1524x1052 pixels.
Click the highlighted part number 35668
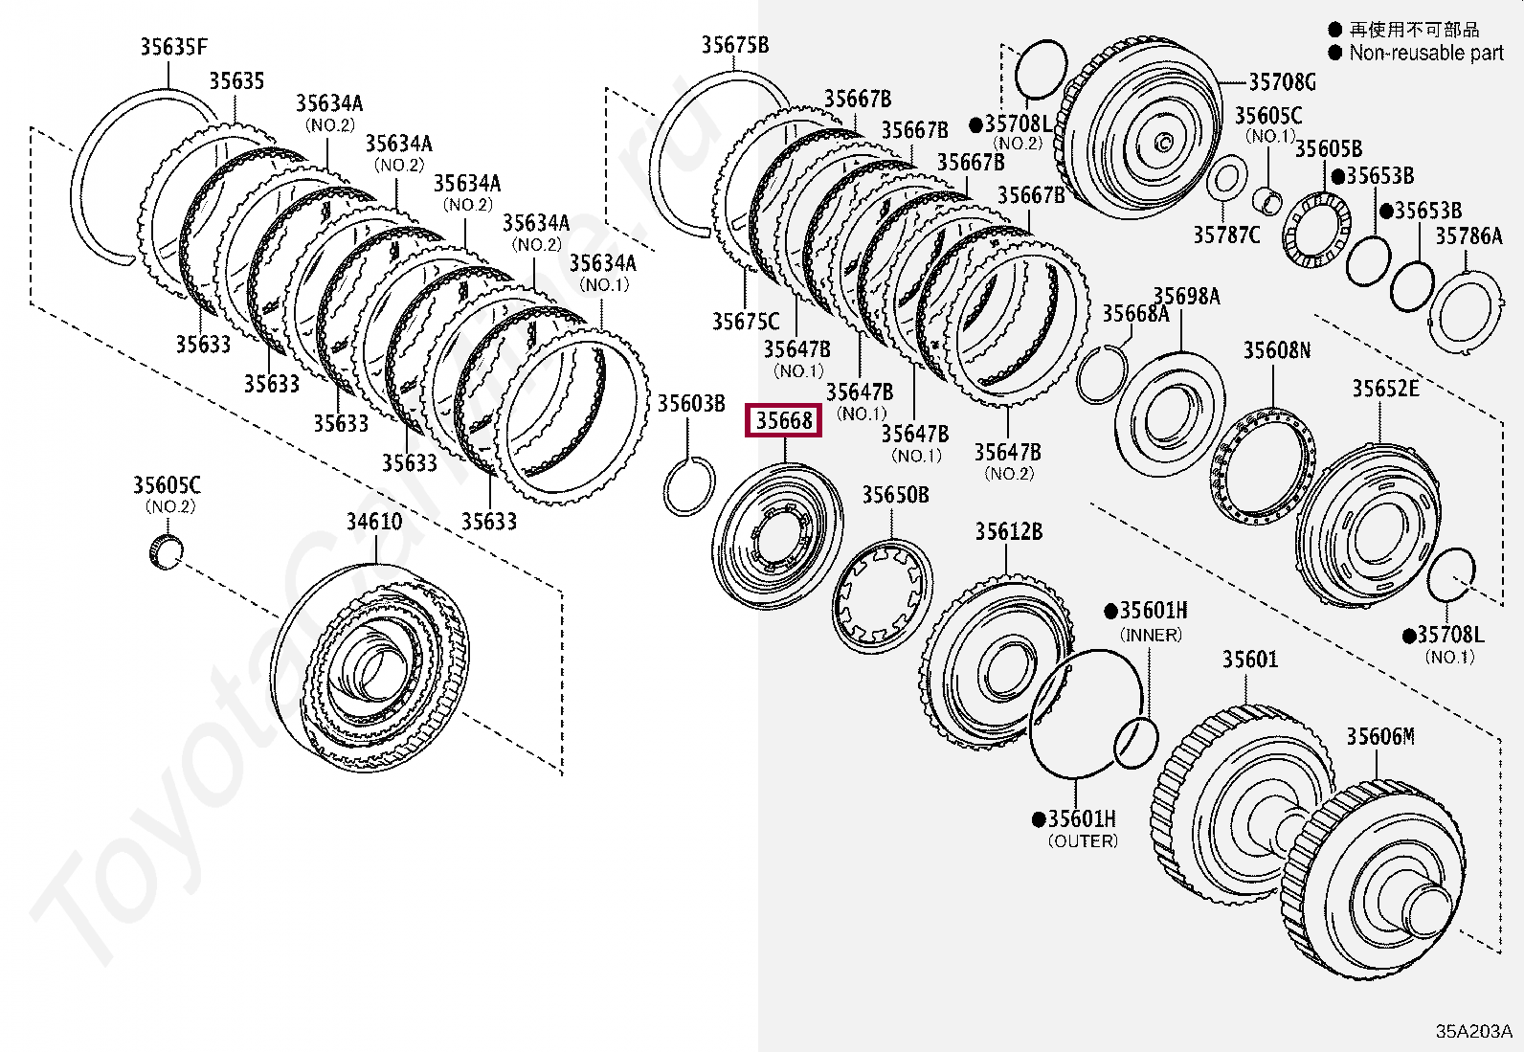point(783,420)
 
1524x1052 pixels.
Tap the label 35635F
point(173,46)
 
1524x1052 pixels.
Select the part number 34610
point(374,522)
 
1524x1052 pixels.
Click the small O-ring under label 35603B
point(688,486)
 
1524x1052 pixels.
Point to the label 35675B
point(734,45)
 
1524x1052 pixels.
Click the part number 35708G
point(1282,82)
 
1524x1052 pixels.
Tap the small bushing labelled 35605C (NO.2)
point(168,552)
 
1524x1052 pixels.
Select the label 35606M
point(1379,736)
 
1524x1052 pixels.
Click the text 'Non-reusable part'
point(1425,54)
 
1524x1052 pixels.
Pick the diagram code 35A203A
point(1473,1031)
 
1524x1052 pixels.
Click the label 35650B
point(895,495)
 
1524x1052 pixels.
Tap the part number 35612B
point(1008,531)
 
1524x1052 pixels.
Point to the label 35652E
point(1385,388)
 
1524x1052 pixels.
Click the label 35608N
point(1276,350)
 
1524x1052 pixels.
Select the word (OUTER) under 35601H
point(1083,841)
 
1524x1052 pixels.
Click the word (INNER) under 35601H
point(1151,635)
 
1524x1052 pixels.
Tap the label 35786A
point(1468,235)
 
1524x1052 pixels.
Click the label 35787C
point(1226,235)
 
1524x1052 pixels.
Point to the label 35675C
point(745,322)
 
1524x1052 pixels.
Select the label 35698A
point(1187,297)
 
